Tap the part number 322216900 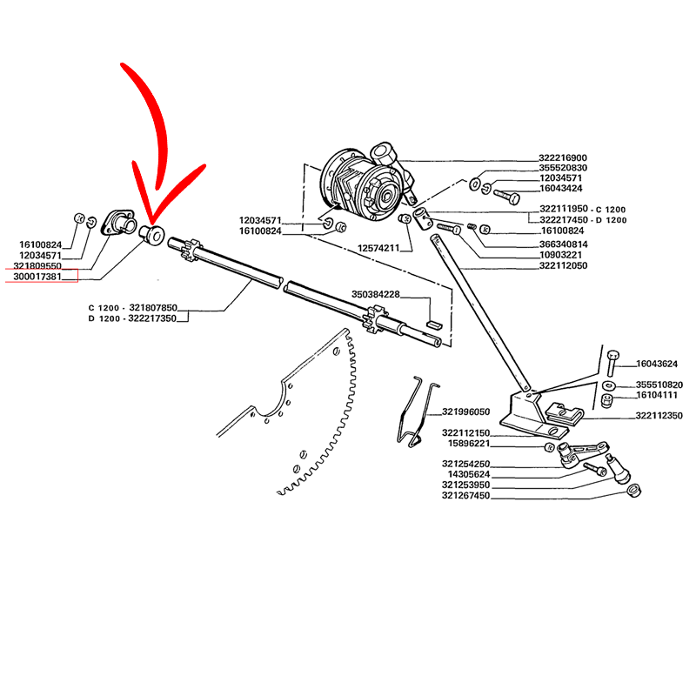pos(563,157)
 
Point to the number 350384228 pos(376,294)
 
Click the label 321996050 pos(466,412)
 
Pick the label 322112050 pos(563,265)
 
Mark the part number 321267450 pos(466,496)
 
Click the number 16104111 pos(659,396)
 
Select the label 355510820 pos(659,385)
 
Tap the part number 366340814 pos(563,244)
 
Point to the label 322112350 pos(659,417)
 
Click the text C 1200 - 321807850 pos(133,308)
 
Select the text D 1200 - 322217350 pos(133,319)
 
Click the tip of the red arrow pos(150,217)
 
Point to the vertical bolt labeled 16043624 pos(612,365)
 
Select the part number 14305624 pos(466,474)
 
